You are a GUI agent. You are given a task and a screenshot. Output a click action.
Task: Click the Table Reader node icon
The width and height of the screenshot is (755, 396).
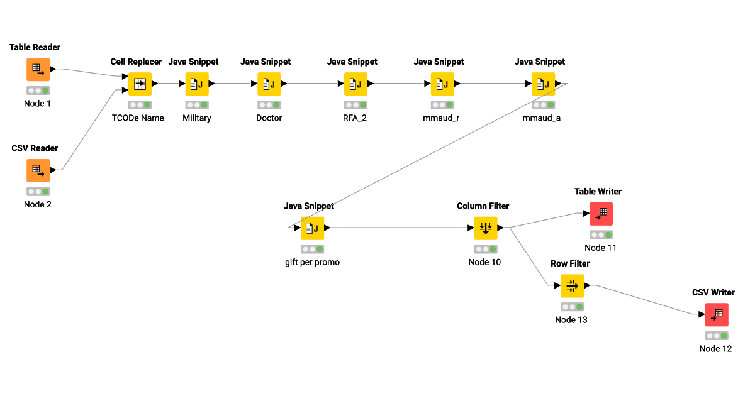[38, 70]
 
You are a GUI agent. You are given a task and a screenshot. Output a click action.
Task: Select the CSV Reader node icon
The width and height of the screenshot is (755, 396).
[38, 170]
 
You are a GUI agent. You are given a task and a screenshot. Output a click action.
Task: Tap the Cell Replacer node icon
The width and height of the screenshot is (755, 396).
[140, 84]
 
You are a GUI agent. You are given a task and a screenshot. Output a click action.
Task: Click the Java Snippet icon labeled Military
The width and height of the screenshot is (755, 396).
[197, 84]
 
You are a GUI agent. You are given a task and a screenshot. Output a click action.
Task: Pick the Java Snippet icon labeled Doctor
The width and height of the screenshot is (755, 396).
[269, 84]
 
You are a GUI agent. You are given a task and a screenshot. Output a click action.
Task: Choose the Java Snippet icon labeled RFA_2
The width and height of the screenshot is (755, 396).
[355, 84]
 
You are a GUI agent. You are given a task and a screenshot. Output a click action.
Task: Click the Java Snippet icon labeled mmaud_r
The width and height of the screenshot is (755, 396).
[442, 84]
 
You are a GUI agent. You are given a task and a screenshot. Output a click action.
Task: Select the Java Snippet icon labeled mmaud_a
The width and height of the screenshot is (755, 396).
[543, 84]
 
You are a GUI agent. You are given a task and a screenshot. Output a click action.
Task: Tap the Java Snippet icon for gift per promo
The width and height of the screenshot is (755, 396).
[312, 228]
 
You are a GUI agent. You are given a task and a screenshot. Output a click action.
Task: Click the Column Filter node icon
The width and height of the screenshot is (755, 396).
[485, 228]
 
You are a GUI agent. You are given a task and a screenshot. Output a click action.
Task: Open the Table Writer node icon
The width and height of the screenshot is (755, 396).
[601, 214]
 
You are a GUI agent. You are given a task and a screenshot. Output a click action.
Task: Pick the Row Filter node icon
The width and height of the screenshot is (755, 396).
[572, 286]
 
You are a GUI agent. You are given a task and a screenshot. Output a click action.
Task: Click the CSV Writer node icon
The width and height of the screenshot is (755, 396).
[716, 315]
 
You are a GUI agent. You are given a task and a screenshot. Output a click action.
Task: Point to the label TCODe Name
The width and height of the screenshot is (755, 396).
[138, 118]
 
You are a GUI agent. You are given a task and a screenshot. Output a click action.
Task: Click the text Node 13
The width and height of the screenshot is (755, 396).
[571, 320]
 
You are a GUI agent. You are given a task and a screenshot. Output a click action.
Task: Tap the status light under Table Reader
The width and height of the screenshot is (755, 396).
[38, 91]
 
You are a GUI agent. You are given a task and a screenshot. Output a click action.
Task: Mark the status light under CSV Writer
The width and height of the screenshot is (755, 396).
[716, 336]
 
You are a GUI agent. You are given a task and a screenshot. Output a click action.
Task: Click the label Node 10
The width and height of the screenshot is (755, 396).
[484, 262]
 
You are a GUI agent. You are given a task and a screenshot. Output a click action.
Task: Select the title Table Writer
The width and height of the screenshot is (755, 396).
[598, 191]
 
